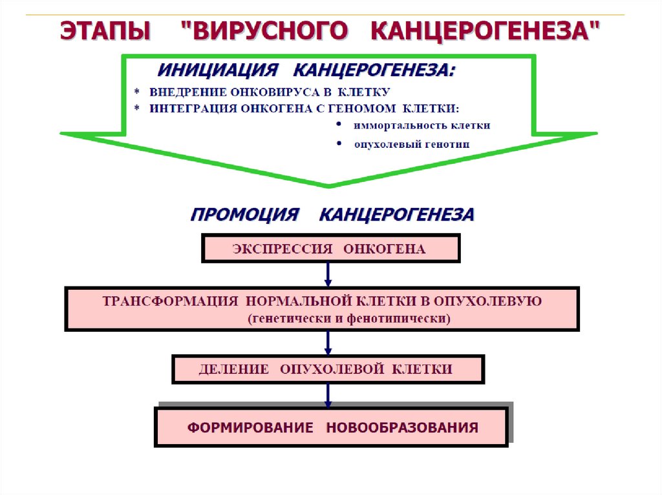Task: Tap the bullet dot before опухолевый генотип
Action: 339,143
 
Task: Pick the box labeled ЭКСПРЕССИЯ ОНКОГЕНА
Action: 331,249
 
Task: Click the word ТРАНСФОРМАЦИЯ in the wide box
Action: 164,301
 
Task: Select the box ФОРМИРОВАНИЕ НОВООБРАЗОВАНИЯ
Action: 331,427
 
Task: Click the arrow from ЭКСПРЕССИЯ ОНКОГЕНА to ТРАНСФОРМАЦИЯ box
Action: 328,274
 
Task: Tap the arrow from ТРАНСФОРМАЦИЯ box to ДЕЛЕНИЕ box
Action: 328,342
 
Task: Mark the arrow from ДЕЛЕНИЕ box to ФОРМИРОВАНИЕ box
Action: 328,394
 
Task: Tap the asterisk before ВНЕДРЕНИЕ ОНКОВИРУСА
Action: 137,92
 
